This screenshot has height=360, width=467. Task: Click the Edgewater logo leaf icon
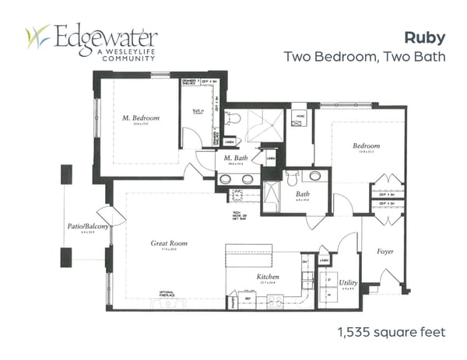[37, 37]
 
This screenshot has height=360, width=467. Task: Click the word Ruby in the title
[424, 37]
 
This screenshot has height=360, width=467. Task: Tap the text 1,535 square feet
[391, 332]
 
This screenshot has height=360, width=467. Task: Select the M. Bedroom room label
[140, 118]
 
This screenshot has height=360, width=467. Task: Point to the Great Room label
[169, 243]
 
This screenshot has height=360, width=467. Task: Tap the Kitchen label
[269, 277]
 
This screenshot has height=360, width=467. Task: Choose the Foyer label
[385, 251]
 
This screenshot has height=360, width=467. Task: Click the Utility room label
[348, 282]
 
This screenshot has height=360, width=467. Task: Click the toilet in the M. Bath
[236, 119]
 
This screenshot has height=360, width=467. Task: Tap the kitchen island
[249, 255]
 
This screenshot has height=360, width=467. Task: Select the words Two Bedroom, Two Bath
[364, 57]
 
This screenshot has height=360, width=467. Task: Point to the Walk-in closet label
[198, 112]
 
